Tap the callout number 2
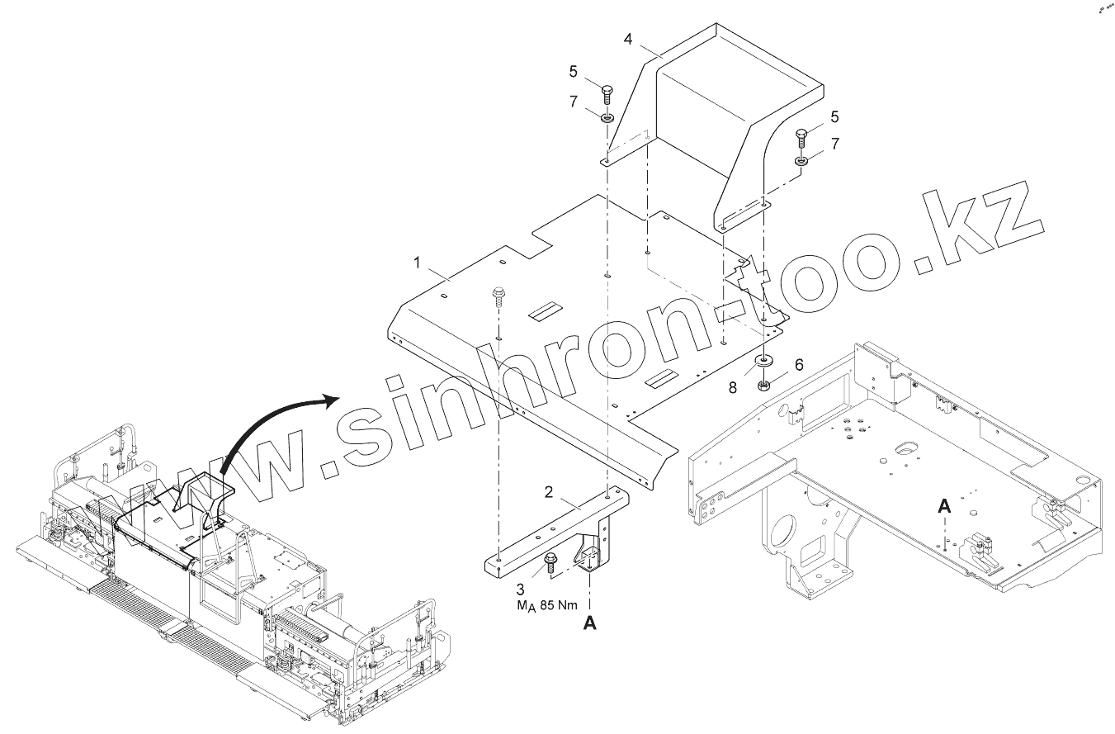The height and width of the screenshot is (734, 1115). click(549, 492)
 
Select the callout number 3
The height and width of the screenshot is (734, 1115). click(520, 589)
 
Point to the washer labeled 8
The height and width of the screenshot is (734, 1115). click(764, 362)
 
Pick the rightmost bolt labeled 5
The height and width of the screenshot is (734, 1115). click(802, 138)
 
